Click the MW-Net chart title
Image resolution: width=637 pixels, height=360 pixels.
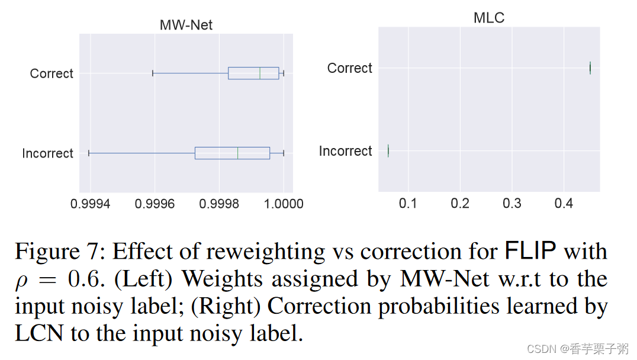coord(186,25)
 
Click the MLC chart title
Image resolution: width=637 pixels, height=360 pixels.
coord(489,18)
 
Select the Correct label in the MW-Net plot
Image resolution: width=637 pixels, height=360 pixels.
coord(52,74)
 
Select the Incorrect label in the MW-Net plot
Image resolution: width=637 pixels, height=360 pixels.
coord(47,154)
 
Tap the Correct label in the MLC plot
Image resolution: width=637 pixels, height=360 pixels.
coord(349,69)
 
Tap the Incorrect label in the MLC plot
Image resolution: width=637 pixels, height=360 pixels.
coord(345,152)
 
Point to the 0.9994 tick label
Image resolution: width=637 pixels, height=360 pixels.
coord(91,204)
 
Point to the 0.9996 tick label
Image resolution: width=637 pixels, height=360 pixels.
coord(155,204)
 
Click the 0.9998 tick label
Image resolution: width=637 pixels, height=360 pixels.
coord(220,204)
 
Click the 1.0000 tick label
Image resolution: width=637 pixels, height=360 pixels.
coord(283,204)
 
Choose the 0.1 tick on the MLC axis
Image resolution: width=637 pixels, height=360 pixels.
coord(407,204)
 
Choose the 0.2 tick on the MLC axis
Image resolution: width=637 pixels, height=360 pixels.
coord(460,204)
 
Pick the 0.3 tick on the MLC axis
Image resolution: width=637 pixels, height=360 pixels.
coord(512,204)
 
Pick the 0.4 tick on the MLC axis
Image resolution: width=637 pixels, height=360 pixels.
coord(564,204)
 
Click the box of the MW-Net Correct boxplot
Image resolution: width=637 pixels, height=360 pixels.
coord(253,73)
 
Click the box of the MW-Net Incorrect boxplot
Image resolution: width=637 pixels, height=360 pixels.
coord(232,153)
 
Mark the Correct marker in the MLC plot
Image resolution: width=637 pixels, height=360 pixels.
coord(590,68)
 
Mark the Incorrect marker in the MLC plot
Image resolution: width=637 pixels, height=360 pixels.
coord(388,151)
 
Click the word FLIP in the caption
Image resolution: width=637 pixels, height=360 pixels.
coord(530,252)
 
